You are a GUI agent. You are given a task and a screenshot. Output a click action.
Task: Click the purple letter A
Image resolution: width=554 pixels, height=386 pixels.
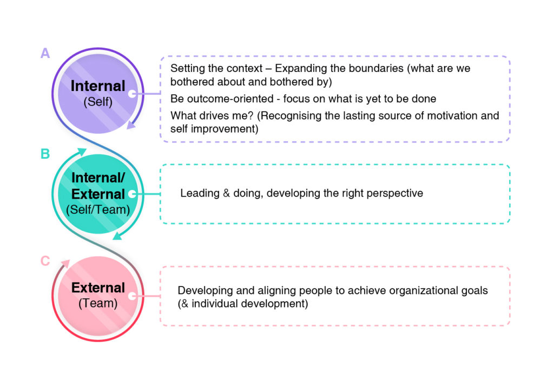click(x=45, y=53)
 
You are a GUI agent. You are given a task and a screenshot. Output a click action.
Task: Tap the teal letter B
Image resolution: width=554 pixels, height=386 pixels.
click(x=45, y=154)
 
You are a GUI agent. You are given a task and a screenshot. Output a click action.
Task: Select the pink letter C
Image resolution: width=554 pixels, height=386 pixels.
click(x=45, y=261)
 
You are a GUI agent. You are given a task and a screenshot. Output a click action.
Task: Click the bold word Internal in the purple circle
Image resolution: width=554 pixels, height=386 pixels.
click(x=98, y=86)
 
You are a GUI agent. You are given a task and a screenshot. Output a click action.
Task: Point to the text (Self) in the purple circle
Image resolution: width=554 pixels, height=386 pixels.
click(x=98, y=102)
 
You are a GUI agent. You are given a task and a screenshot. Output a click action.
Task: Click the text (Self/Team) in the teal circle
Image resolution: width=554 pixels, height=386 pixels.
click(x=98, y=210)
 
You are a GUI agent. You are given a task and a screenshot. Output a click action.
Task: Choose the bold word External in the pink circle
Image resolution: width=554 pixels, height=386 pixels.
click(x=98, y=287)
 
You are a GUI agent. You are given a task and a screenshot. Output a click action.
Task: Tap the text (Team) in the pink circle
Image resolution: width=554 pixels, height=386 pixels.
click(x=98, y=303)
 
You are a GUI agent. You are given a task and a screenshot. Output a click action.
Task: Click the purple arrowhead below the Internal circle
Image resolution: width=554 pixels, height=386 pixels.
click(x=131, y=125)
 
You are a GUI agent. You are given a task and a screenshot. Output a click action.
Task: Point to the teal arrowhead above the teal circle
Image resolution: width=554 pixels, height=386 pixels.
click(x=82, y=152)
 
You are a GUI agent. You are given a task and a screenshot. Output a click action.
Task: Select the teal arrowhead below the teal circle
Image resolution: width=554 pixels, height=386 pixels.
click(x=117, y=236)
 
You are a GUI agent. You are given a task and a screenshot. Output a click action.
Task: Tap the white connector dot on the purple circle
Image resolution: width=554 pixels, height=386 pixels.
click(x=132, y=94)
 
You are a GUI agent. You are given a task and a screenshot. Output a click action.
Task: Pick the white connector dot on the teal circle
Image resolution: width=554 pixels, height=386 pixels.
click(x=132, y=194)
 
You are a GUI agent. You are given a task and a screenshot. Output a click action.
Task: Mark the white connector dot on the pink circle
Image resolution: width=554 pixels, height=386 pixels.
click(x=132, y=296)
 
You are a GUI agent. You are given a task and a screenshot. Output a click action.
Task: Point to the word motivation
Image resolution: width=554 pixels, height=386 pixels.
click(x=455, y=116)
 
